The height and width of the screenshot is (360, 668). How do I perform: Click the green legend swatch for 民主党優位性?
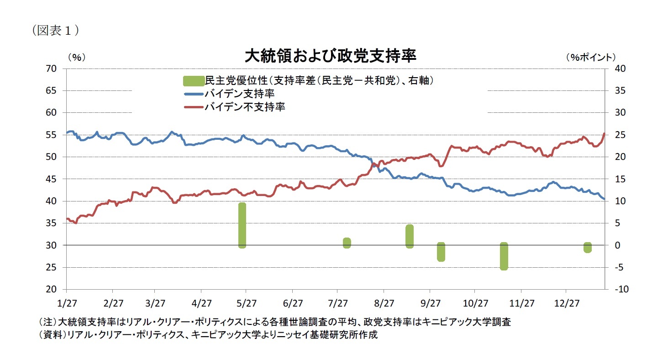point(193,81)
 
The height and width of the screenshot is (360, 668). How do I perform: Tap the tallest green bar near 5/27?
point(242,225)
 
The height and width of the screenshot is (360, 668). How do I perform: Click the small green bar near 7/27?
point(347,243)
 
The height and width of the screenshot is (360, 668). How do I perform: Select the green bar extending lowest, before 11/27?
point(504,256)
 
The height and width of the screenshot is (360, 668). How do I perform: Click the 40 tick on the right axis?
point(613,69)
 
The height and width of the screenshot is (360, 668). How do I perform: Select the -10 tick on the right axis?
point(615,290)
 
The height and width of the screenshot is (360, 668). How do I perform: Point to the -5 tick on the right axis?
point(614,268)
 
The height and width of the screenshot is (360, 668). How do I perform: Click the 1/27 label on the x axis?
point(67,303)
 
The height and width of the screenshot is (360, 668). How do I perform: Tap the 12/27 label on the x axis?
point(566,303)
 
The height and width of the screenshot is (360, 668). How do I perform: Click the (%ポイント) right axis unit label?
point(591,57)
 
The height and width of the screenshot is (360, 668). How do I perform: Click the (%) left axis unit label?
point(76,57)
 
